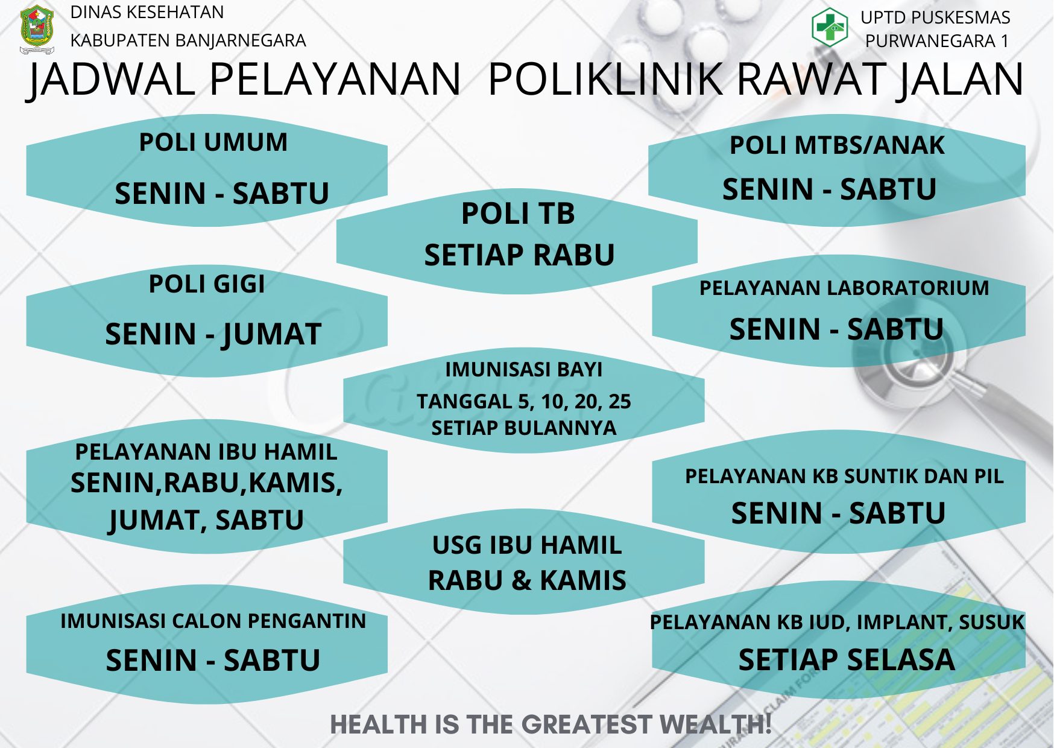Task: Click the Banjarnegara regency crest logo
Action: [x=37, y=29]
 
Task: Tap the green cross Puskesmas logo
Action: [x=830, y=27]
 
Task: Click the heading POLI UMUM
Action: [x=213, y=142]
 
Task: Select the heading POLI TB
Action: [x=518, y=214]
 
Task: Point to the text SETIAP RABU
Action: [x=519, y=255]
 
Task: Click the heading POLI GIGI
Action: [x=207, y=284]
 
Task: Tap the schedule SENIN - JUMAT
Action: [x=213, y=334]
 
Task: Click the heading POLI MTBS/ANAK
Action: [x=837, y=145]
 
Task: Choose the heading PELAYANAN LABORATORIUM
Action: [x=844, y=288]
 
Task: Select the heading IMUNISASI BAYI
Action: [x=523, y=369]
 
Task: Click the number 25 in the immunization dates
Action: [x=619, y=401]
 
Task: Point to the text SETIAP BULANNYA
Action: [x=523, y=428]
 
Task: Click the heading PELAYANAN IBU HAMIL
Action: [x=206, y=452]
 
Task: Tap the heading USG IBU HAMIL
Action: [x=527, y=545]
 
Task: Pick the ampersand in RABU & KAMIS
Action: [x=521, y=580]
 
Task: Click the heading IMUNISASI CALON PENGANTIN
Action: [x=213, y=621]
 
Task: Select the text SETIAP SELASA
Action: [x=847, y=659]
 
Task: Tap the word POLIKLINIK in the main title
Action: [x=605, y=79]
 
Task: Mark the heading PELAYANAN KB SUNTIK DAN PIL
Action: [x=844, y=476]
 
